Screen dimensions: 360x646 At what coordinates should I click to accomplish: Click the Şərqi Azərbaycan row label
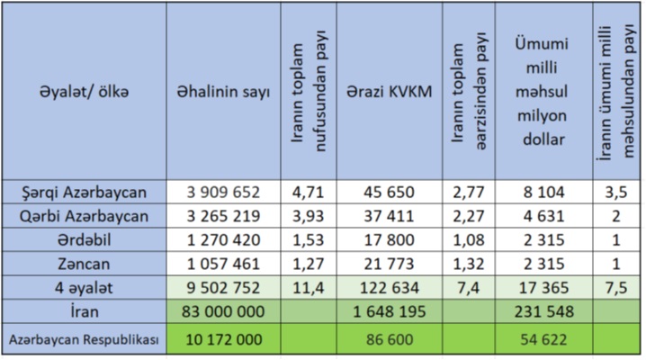pyautogui.click(x=86, y=192)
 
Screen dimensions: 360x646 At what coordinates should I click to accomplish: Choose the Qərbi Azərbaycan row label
pyautogui.click(x=86, y=216)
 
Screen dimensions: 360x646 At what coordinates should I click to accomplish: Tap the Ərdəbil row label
pyautogui.click(x=86, y=240)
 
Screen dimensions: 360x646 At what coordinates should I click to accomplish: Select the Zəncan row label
pyautogui.click(x=86, y=265)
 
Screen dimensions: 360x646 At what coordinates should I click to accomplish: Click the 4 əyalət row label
pyautogui.click(x=86, y=289)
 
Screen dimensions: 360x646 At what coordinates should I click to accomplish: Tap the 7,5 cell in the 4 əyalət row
pyautogui.click(x=617, y=289)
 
